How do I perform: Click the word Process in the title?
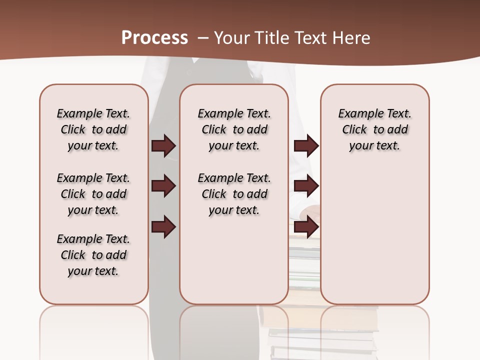click(x=154, y=38)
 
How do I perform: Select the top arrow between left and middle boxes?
click(x=163, y=145)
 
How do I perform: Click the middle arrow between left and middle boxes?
click(x=163, y=186)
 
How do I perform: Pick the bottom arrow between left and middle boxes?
click(x=163, y=226)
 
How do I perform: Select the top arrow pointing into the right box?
click(x=306, y=145)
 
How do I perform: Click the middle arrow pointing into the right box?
click(x=306, y=186)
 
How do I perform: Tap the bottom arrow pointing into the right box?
click(x=306, y=226)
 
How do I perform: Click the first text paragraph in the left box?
click(x=93, y=129)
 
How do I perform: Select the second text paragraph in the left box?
click(x=93, y=194)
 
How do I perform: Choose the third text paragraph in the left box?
click(x=93, y=255)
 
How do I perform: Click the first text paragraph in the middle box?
click(x=234, y=129)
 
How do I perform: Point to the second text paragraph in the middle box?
click(x=234, y=194)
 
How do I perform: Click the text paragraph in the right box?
click(x=375, y=129)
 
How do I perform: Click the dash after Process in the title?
click(x=203, y=38)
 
